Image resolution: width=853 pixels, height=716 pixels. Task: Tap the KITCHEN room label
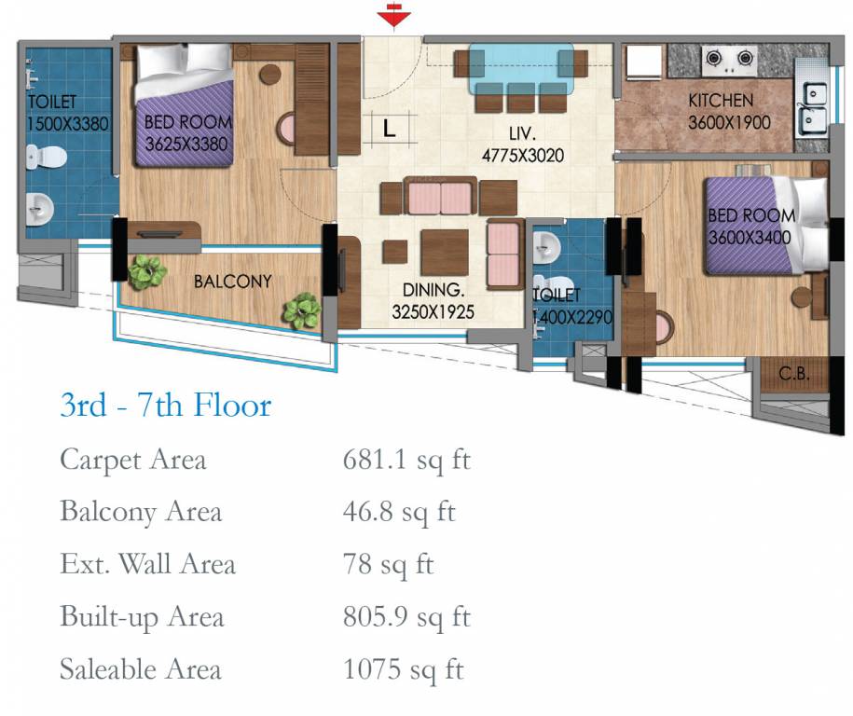(x=721, y=101)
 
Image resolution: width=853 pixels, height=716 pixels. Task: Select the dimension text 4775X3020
(x=522, y=156)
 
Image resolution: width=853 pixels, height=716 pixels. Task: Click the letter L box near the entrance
(x=390, y=130)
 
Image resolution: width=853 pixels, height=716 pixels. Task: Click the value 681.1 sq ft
(x=406, y=460)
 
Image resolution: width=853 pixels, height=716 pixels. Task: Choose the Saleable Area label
(x=141, y=669)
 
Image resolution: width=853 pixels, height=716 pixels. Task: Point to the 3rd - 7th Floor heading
(x=166, y=406)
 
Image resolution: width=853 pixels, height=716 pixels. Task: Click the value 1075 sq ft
(x=403, y=669)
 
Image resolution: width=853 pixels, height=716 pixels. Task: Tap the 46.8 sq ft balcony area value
(x=400, y=512)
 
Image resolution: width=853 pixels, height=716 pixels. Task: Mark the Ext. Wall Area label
(x=147, y=564)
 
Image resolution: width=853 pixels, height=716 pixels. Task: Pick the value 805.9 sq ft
(x=407, y=617)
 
